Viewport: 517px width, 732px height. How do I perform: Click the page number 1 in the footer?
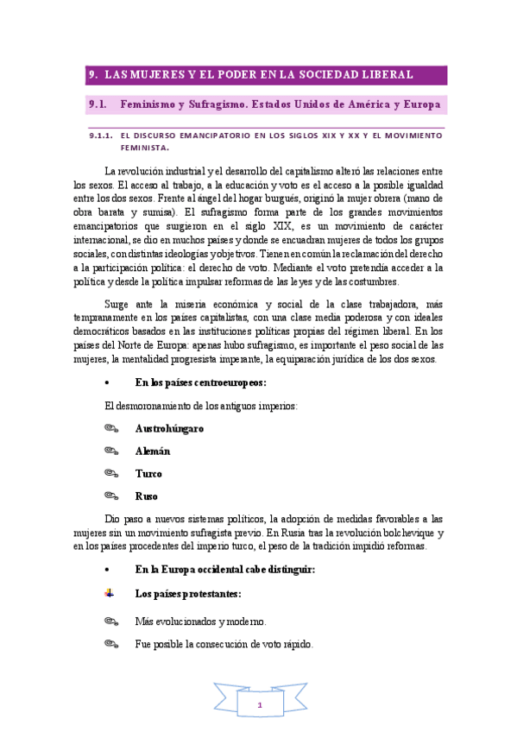click(259, 705)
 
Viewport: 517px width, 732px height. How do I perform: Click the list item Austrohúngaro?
click(169, 428)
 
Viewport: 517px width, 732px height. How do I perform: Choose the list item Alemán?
click(153, 451)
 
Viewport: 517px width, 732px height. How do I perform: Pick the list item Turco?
click(148, 473)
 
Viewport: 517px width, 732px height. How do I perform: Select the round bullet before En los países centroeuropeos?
click(106, 382)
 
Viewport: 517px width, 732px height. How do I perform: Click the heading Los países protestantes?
click(188, 594)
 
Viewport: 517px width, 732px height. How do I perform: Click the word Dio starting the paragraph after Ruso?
click(112, 519)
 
